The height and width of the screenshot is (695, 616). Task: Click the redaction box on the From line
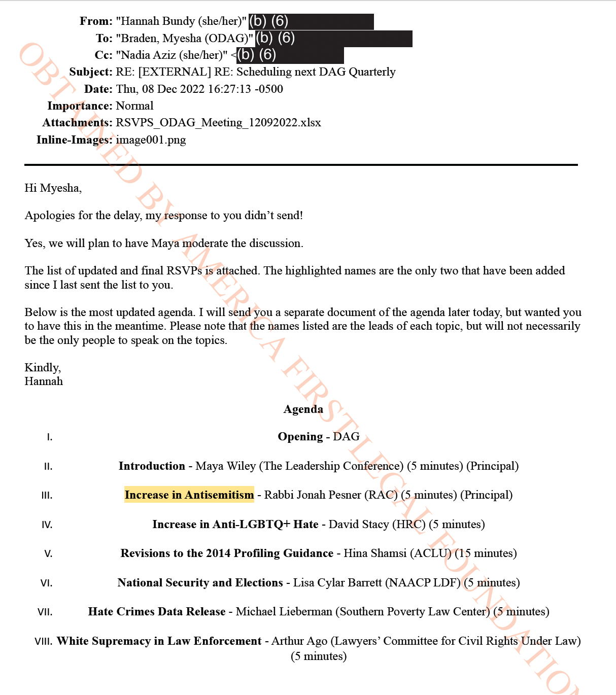pos(311,22)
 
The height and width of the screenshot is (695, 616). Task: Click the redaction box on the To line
pos(333,39)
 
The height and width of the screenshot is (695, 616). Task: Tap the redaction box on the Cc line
pos(290,55)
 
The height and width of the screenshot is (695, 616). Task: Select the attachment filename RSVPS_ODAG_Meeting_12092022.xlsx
pos(218,123)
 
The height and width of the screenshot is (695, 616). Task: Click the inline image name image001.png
pos(151,140)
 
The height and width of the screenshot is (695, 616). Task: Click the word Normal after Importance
pos(134,106)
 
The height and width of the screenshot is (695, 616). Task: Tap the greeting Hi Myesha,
pos(53,188)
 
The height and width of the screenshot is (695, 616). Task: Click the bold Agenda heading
pos(303,409)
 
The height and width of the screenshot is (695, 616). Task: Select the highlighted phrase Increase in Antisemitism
pos(189,495)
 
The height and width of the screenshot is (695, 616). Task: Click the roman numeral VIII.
pos(43,642)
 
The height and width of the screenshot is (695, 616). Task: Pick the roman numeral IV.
pos(47,525)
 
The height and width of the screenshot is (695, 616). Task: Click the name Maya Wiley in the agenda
pos(225,466)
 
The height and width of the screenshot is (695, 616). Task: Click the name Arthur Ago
pos(299,641)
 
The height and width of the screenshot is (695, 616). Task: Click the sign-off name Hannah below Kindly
pos(44,381)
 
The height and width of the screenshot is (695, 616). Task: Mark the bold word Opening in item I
pos(300,437)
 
